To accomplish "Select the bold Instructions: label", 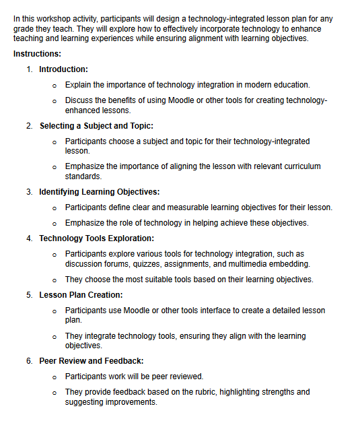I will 38,53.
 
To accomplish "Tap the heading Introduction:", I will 63,69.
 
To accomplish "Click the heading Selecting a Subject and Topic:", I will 96,126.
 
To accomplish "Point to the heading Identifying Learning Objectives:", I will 99,192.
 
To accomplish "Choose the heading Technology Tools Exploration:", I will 96,238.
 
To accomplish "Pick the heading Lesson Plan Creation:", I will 81,295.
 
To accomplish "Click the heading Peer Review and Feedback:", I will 91,361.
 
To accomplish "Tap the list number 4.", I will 29,238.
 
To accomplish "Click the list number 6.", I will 29,361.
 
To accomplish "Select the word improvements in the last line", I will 134,402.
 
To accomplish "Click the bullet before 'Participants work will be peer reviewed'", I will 55,377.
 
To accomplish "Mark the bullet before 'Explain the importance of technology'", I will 55,85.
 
